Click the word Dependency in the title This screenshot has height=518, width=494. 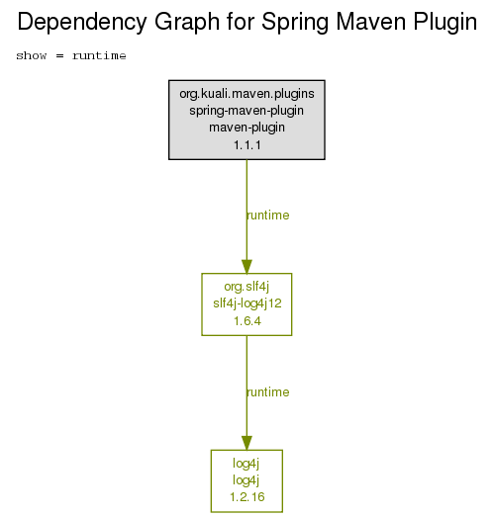(x=82, y=23)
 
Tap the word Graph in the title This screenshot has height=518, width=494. (x=187, y=23)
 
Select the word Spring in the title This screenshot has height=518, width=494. (x=294, y=23)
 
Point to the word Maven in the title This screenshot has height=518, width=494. (x=371, y=22)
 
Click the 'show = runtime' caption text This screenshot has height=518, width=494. (x=71, y=55)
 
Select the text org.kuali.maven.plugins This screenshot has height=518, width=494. (x=247, y=94)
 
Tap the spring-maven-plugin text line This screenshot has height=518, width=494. (x=247, y=111)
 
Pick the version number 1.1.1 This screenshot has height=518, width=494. (x=247, y=145)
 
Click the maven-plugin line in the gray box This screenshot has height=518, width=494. (x=247, y=128)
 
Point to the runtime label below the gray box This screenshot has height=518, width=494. (x=268, y=216)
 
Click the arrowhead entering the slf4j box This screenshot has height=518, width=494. (x=247, y=267)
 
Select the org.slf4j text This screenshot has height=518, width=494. (x=247, y=287)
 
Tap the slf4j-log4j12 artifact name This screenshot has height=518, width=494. (x=247, y=303)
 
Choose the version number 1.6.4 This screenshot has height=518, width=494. (x=247, y=321)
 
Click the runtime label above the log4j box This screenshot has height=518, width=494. (x=268, y=392)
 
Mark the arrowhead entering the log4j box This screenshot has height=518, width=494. (x=247, y=443)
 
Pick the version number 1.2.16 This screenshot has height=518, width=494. (x=247, y=497)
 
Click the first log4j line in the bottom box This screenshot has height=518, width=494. (x=246, y=464)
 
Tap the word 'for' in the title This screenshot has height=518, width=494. (x=241, y=22)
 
